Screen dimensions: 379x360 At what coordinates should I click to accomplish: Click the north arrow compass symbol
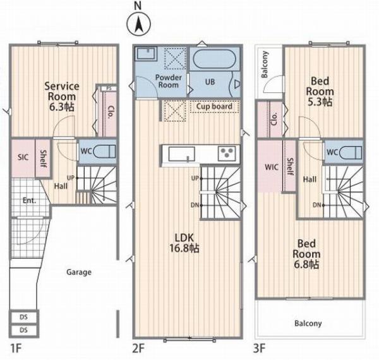point(139,24)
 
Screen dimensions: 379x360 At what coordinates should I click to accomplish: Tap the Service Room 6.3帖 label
point(62,97)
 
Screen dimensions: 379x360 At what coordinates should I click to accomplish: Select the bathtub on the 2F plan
point(215,59)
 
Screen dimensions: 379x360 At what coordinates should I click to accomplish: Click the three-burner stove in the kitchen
point(227,153)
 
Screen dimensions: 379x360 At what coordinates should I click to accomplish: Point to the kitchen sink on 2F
point(181,154)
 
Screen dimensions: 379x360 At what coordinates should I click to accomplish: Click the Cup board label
point(214,106)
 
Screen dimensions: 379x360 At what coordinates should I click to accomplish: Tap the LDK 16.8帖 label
point(184,243)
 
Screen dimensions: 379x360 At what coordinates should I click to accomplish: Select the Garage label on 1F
point(79,272)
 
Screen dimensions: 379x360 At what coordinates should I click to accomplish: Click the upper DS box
point(24,317)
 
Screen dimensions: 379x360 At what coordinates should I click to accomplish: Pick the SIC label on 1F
point(23,157)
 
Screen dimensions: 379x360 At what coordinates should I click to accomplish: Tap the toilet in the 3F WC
point(351,152)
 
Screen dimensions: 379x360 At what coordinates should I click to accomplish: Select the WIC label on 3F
point(272,167)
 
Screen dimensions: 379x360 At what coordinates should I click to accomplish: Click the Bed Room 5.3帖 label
point(320,92)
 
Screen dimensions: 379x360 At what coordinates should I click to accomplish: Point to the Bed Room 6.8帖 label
point(306,254)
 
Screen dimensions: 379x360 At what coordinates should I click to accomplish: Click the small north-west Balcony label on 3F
point(265,64)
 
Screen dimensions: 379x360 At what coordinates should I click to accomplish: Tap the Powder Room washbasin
point(146,54)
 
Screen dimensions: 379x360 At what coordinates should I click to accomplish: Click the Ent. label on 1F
point(30,200)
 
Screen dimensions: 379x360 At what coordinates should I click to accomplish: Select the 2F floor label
point(138,349)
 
